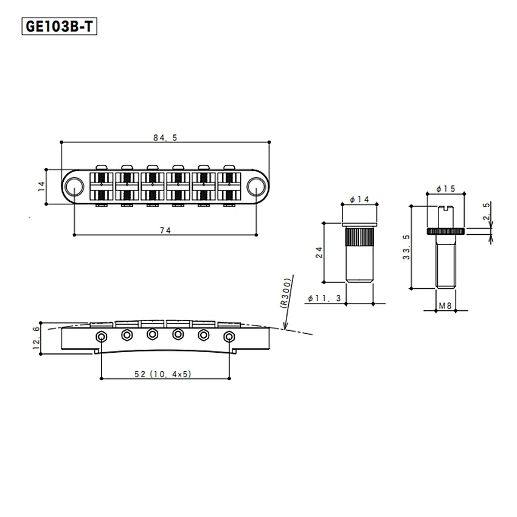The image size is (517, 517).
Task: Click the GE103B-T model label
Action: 60,26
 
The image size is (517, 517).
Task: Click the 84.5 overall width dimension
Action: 165,138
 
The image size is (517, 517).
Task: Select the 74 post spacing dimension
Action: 165,231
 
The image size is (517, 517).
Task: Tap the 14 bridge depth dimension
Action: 41,186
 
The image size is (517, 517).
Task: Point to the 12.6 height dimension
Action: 36,338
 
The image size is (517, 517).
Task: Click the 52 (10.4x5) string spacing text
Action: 163,374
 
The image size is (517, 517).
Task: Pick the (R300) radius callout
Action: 286,293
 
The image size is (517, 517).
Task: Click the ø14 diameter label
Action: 359,200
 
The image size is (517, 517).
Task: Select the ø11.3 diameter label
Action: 324,299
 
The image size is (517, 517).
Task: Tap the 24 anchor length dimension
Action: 319,252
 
